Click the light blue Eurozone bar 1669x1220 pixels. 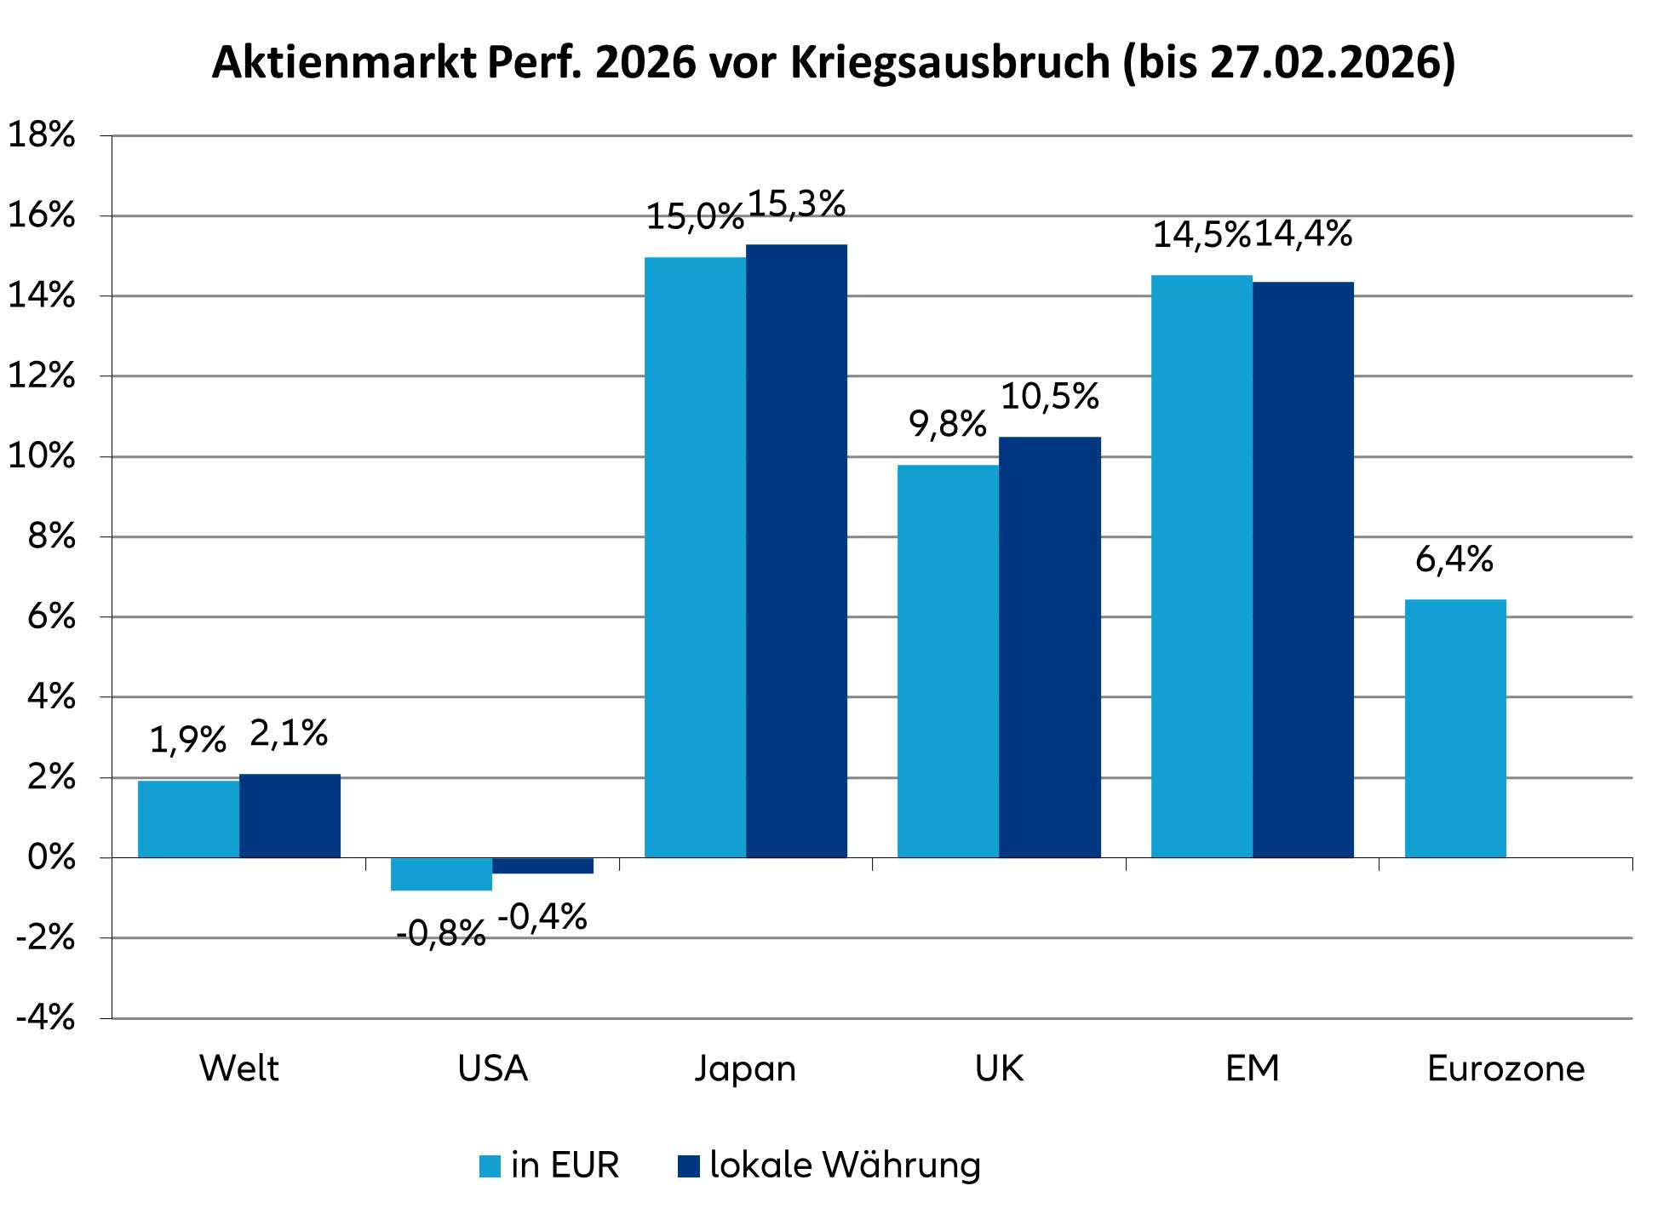pos(1454,728)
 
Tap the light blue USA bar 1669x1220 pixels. pos(441,874)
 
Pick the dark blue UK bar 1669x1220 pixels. pos(1049,647)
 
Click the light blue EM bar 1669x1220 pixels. pos(1201,566)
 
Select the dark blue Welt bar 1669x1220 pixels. pos(290,816)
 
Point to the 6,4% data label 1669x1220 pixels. pos(1454,560)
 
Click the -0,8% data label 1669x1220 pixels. pos(440,935)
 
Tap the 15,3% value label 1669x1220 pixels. pos(796,204)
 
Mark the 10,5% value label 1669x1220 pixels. pos(1049,397)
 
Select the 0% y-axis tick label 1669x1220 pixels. pos(51,858)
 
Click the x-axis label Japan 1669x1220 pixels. pos(745,1069)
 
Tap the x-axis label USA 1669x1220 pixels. pos(492,1068)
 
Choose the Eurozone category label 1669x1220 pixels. pos(1506,1068)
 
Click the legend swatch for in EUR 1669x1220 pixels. pos(490,1166)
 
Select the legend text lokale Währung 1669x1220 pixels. pos(845,1166)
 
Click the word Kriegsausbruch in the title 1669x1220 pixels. pos(950,63)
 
